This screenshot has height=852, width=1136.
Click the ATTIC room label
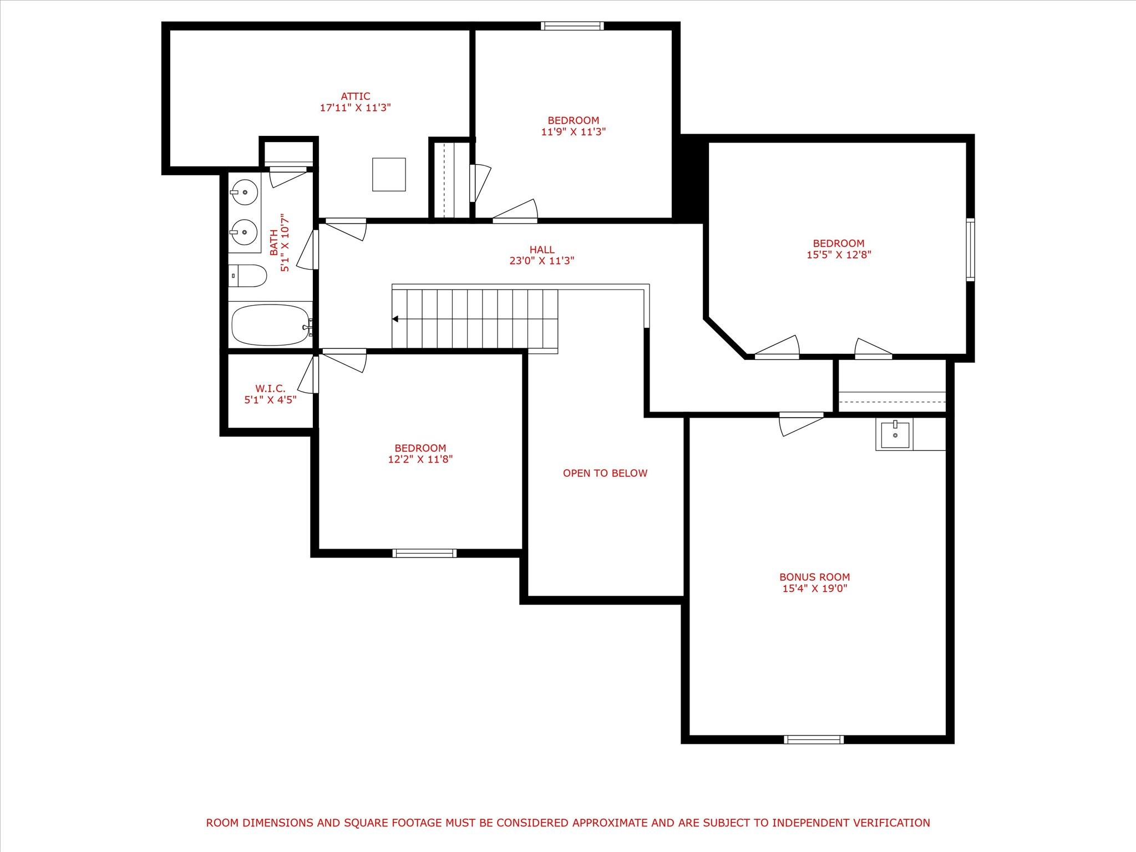(x=356, y=97)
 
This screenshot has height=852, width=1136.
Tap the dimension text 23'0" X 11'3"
(x=542, y=261)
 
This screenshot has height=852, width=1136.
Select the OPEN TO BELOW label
(x=605, y=473)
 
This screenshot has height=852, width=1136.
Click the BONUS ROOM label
(x=814, y=577)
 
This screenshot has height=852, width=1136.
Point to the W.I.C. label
(x=270, y=388)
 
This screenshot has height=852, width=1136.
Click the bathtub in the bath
(x=271, y=325)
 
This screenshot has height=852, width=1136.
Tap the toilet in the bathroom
(x=248, y=276)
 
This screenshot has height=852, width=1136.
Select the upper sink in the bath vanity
(x=244, y=192)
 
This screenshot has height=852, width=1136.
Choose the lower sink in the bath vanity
(x=244, y=232)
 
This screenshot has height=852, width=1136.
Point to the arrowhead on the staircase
(x=395, y=319)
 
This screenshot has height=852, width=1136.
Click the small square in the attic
(x=389, y=175)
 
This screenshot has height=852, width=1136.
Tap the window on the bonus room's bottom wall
(x=814, y=739)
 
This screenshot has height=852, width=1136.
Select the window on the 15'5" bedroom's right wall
(x=970, y=250)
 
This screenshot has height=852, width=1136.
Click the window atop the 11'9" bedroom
(x=572, y=26)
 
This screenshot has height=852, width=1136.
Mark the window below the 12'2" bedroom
(x=424, y=552)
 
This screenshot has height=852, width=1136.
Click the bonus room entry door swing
(x=801, y=424)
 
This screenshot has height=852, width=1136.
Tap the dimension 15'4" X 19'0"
(x=815, y=589)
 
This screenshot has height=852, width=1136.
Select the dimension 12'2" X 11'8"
(x=420, y=459)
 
